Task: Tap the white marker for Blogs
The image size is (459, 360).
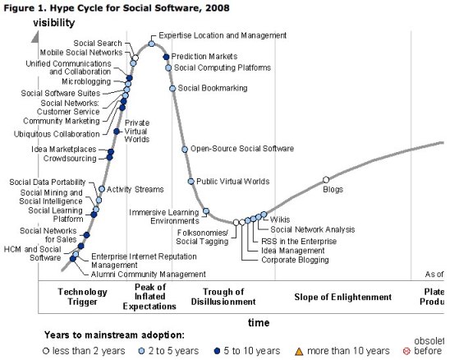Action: click(326, 179)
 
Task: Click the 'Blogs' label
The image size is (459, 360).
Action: click(333, 190)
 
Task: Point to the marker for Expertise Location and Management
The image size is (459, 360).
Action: click(152, 44)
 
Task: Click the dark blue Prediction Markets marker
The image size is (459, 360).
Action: click(166, 57)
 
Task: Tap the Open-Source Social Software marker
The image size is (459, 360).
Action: click(185, 149)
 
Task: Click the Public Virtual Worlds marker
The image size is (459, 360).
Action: click(190, 181)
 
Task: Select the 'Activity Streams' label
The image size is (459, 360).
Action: click(135, 190)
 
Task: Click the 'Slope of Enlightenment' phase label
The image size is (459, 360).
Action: click(343, 297)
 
